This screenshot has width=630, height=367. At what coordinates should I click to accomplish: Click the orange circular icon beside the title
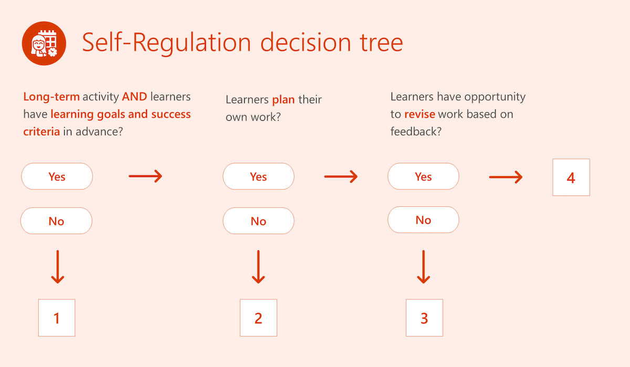point(44,44)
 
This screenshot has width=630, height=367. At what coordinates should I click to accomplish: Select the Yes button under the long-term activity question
point(57,176)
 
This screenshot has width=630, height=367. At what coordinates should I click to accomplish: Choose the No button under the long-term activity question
point(56,221)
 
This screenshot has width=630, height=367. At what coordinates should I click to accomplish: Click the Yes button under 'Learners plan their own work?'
point(258,176)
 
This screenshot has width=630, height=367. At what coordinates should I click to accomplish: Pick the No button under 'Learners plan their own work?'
point(258,221)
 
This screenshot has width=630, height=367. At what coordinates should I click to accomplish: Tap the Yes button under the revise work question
point(423,176)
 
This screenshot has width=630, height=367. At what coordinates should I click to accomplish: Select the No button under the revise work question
point(423,220)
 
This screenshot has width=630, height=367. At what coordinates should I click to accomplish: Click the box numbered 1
point(57,318)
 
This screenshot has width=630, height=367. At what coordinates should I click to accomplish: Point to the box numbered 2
point(258,318)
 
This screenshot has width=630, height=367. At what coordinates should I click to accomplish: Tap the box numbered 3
point(424,318)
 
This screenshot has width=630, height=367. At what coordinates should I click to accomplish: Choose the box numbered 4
point(571,177)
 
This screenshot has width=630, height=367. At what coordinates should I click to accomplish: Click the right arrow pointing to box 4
point(506,177)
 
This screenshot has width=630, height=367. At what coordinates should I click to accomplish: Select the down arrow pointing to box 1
point(57,267)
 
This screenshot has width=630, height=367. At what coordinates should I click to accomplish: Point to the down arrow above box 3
point(424,267)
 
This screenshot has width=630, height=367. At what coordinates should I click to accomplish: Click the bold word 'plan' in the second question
point(283,100)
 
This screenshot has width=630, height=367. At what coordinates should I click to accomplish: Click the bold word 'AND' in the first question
point(134,97)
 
